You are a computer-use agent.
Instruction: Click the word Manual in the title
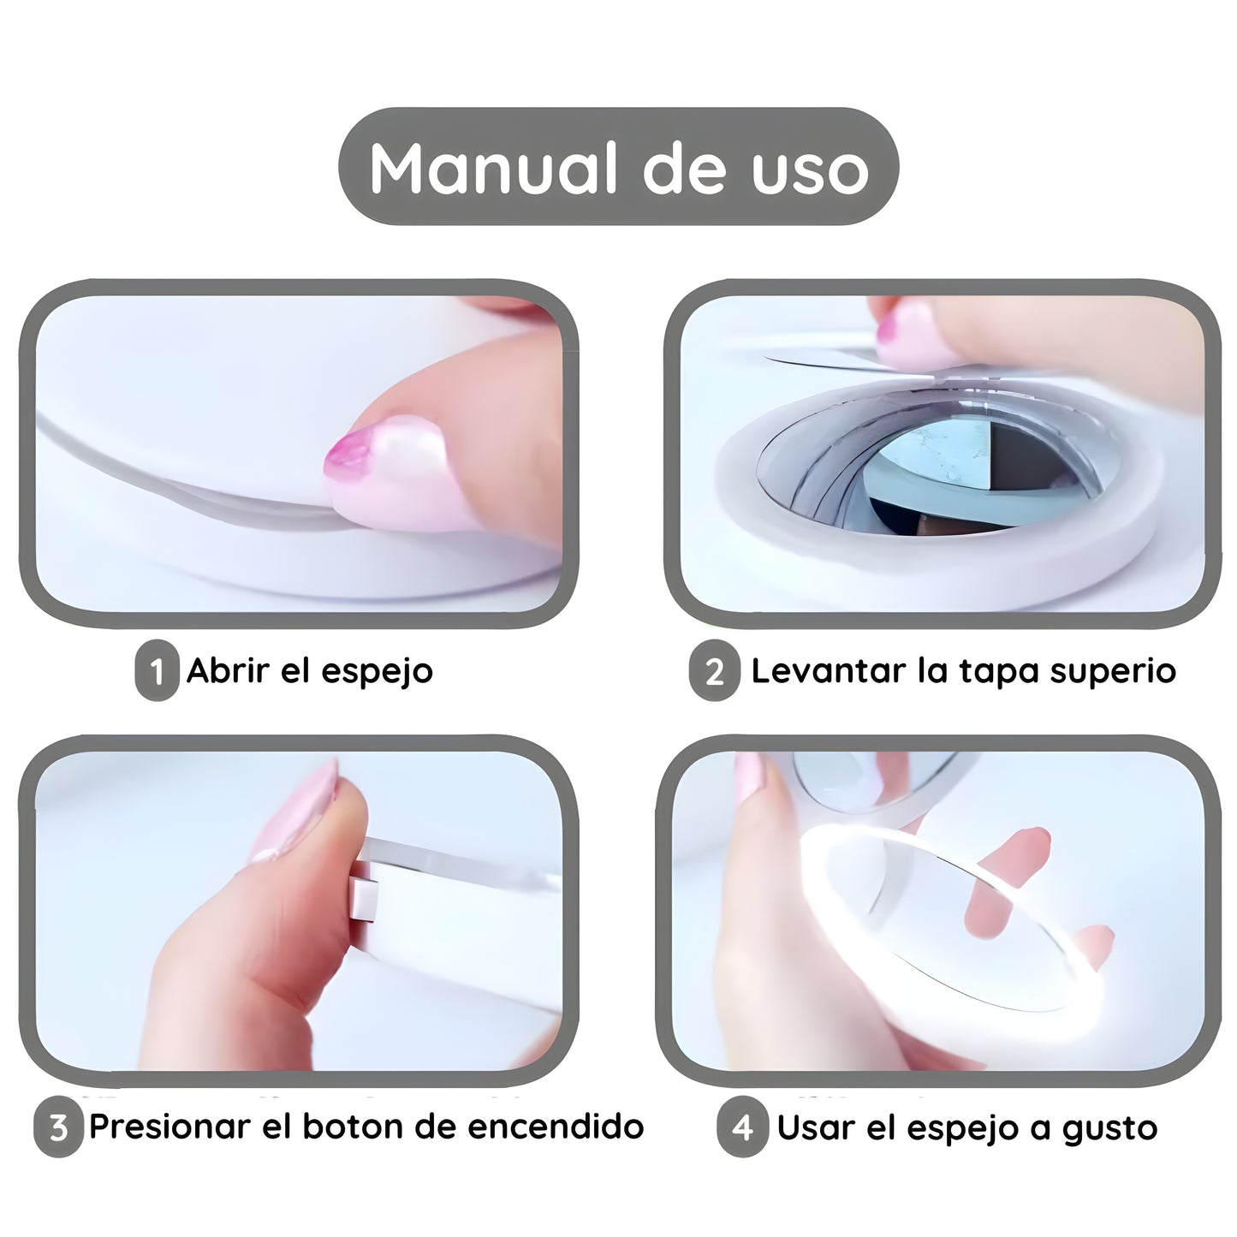coord(493,168)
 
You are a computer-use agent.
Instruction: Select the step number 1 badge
coord(156,671)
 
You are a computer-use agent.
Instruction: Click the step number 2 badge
coord(715,671)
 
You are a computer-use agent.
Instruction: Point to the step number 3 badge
coord(58,1127)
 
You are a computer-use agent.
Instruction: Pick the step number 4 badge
coord(742,1127)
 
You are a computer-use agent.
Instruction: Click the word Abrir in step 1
coord(227,671)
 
